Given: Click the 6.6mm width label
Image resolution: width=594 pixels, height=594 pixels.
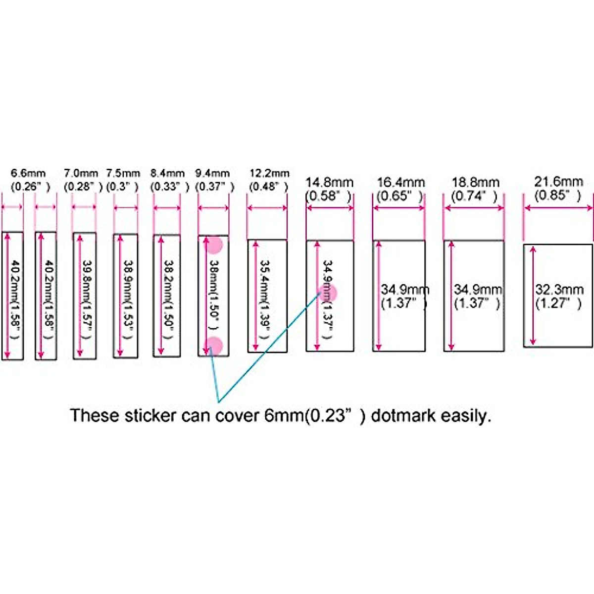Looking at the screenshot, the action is tap(28, 173).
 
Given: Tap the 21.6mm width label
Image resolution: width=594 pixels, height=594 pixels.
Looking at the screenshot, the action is tap(558, 182).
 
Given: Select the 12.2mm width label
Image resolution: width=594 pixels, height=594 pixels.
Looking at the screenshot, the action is tap(269, 173).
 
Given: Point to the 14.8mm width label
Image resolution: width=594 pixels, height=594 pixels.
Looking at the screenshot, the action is tap(329, 182).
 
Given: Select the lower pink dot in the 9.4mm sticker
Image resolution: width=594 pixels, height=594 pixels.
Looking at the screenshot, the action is tap(214, 345).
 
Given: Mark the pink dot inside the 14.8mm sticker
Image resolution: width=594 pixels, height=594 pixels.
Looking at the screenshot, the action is tap(329, 293).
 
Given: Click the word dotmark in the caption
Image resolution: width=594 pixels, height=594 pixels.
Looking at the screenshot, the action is tap(403, 415).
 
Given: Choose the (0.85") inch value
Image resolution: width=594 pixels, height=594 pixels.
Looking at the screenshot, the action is tap(558, 195).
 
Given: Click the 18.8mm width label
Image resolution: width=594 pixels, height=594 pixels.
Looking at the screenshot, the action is tap(475, 182).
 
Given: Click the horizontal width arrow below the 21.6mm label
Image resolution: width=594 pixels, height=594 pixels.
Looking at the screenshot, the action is tap(558, 208).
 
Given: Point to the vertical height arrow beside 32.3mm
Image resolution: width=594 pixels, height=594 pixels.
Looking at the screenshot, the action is tap(533, 296).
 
